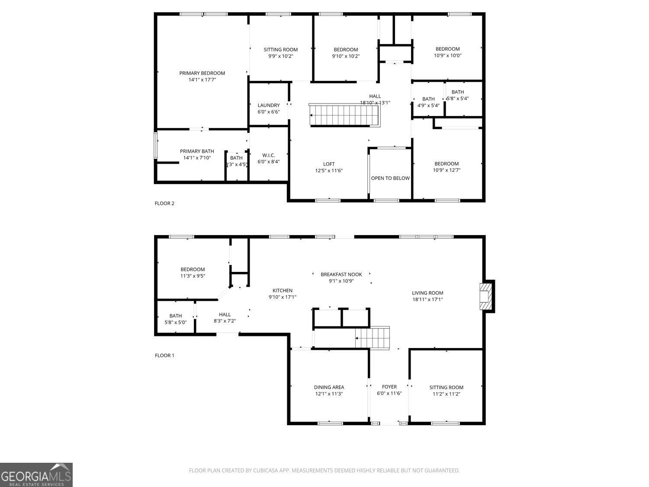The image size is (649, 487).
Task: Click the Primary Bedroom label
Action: click(202, 73)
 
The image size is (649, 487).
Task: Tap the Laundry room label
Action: click(269, 105)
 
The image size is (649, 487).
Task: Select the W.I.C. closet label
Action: click(269, 155)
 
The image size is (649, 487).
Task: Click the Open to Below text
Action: click(390, 178)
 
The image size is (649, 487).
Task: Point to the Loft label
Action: click(329, 164)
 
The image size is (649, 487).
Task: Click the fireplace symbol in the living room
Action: click(486, 296)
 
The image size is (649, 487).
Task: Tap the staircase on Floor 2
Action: click(345, 115)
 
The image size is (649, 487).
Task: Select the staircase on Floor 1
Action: click(373, 338)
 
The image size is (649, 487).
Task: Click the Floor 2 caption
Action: click(164, 203)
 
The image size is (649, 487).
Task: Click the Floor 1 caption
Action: click(164, 355)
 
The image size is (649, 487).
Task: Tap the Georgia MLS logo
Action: click(36, 475)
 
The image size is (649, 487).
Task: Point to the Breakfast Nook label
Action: click(341, 274)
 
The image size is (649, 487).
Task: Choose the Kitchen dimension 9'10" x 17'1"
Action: click(283, 297)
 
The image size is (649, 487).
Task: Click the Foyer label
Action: click(389, 387)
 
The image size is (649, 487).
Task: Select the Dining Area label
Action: click(329, 387)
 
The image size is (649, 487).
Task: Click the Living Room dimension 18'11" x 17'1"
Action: click(427, 300)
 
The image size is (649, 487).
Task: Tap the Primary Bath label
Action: click(197, 151)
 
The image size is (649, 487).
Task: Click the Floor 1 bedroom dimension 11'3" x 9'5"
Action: click(193, 276)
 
